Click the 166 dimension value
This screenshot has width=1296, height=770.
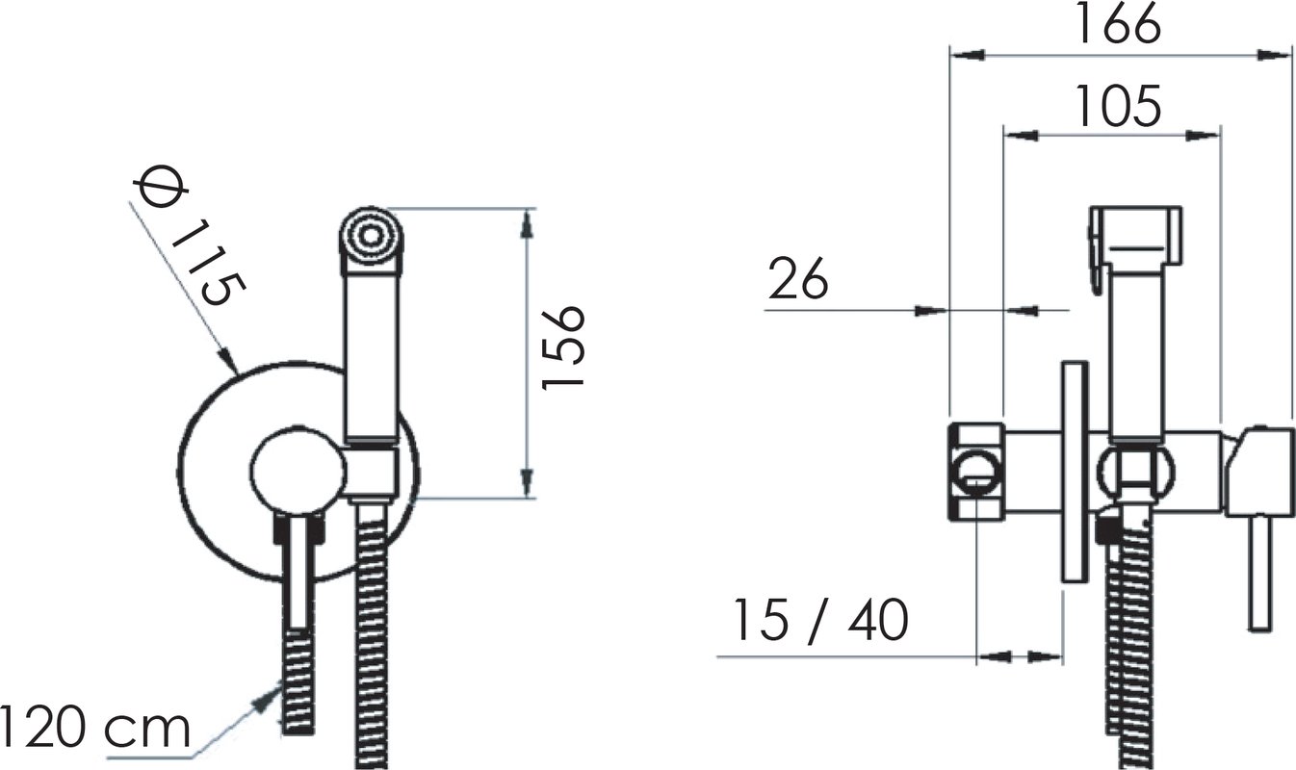tap(1117, 23)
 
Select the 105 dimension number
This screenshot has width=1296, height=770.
tap(1117, 106)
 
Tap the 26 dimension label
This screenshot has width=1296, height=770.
tap(798, 279)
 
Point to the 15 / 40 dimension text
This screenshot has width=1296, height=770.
tap(820, 621)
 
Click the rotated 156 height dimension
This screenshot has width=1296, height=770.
tap(563, 347)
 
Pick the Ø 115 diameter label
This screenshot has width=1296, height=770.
tap(191, 236)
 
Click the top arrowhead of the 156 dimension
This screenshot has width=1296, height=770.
tap(526, 224)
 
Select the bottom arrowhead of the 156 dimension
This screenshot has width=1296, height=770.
tap(526, 482)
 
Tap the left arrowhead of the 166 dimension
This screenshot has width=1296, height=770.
tap(968, 55)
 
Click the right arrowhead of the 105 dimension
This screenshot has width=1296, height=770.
tap(1204, 136)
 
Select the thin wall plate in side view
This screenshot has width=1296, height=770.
tap(1075, 472)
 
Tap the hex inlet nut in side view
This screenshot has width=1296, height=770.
tap(976, 472)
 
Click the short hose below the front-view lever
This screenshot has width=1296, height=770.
tap(298, 682)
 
